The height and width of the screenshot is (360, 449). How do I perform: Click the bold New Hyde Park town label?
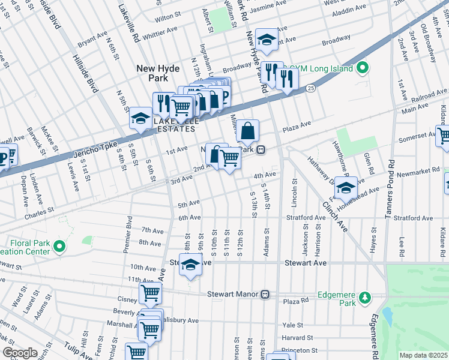pyautogui.click(x=158, y=74)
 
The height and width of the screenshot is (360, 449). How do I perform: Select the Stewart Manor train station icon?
pyautogui.click(x=265, y=295)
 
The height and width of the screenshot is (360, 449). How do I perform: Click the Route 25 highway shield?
pyautogui.click(x=310, y=88)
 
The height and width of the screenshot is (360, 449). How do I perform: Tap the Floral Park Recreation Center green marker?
pyautogui.click(x=59, y=246)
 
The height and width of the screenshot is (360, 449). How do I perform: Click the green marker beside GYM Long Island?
pyautogui.click(x=362, y=68)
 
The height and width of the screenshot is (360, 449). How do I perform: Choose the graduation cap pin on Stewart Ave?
pyautogui.click(x=190, y=264)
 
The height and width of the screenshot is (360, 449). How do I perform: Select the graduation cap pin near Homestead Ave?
pyautogui.click(x=345, y=188)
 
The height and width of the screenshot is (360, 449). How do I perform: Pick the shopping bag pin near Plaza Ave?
pyautogui.click(x=247, y=130)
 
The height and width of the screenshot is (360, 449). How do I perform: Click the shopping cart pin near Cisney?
pyautogui.click(x=150, y=293)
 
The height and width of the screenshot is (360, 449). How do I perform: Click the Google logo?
pyautogui.click(x=19, y=353)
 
